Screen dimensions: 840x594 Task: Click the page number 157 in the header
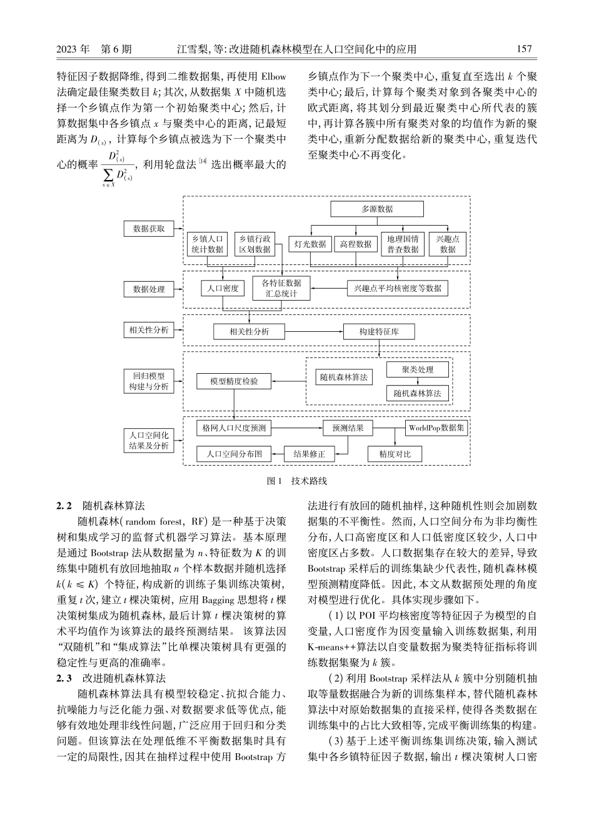[x=525, y=49]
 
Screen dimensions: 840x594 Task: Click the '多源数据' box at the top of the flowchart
[x=377, y=209]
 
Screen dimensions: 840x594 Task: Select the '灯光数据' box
[x=310, y=245]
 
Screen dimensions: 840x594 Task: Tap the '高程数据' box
[x=356, y=245]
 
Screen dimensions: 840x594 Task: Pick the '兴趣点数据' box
[x=448, y=244]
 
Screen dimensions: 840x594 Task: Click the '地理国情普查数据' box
[x=403, y=244]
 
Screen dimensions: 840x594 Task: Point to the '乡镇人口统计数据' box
[x=208, y=244]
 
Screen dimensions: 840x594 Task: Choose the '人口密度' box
[x=223, y=289]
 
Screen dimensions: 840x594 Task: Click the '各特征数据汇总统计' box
[x=281, y=288]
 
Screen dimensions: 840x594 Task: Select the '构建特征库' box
[x=379, y=332]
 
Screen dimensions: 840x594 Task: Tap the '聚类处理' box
[x=418, y=369]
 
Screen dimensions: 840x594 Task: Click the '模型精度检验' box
[x=234, y=381]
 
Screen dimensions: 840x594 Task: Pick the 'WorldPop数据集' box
[x=437, y=428]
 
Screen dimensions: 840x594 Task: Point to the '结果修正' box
[x=309, y=454]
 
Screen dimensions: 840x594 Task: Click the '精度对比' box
[x=395, y=454]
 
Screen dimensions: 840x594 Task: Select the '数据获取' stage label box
[x=149, y=229]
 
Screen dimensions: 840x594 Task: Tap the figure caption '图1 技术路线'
[x=297, y=481]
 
